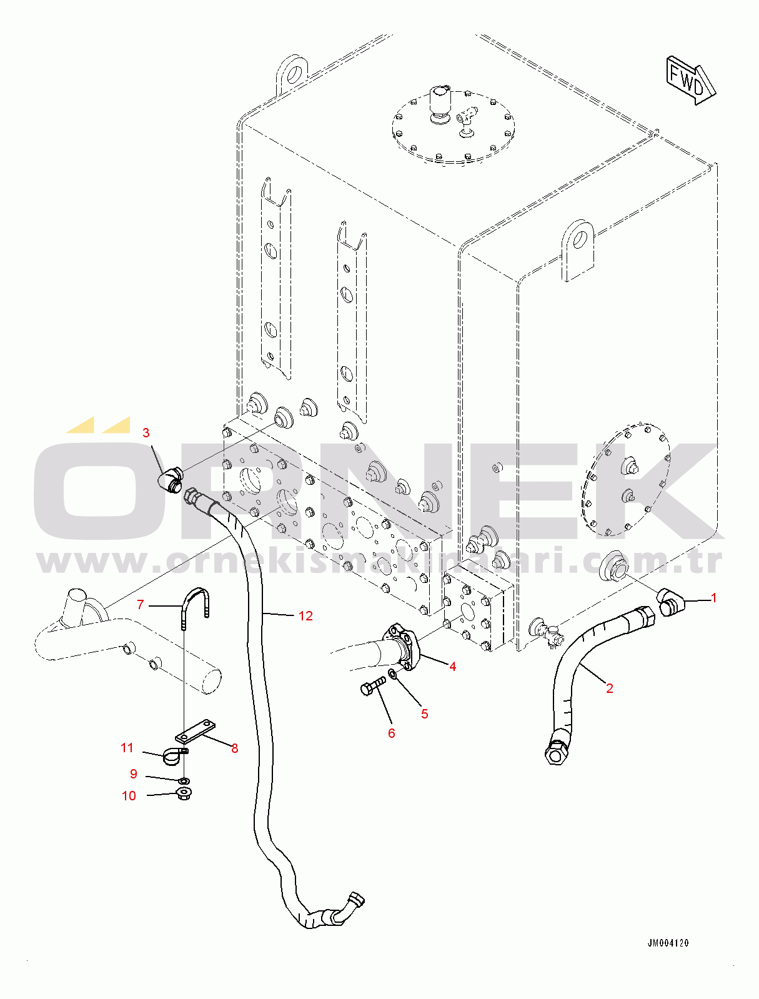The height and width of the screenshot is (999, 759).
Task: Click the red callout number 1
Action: coord(714,598)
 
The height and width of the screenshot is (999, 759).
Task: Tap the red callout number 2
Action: coord(610,688)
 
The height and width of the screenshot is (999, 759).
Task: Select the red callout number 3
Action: coord(146,433)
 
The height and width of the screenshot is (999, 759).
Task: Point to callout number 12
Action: coord(305,616)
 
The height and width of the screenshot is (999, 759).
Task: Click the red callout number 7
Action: coord(141,604)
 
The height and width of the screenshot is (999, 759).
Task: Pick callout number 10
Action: coord(129,796)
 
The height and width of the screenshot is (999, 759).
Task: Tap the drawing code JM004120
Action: coord(668,943)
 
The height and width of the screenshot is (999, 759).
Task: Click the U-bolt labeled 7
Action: coord(196,602)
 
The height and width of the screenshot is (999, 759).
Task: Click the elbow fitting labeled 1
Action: coord(669,603)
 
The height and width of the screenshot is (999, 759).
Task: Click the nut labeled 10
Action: coord(184,794)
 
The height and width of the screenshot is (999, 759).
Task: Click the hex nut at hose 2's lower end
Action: coord(556,750)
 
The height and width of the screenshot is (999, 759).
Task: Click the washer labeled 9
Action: coord(184,781)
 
